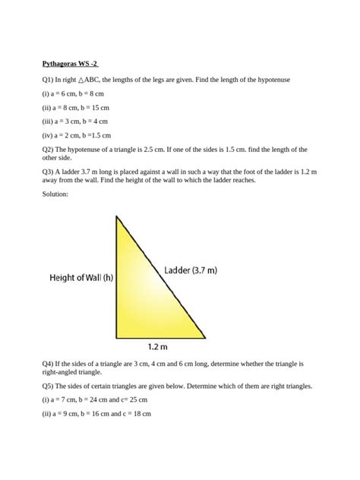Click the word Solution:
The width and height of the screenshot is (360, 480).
pos(55,195)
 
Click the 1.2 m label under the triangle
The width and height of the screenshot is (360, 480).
pos(159,347)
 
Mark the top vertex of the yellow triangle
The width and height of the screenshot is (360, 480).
pos(116,216)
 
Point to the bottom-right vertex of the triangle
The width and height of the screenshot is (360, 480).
pos(205,337)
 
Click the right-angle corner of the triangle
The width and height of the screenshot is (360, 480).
pos(117,336)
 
